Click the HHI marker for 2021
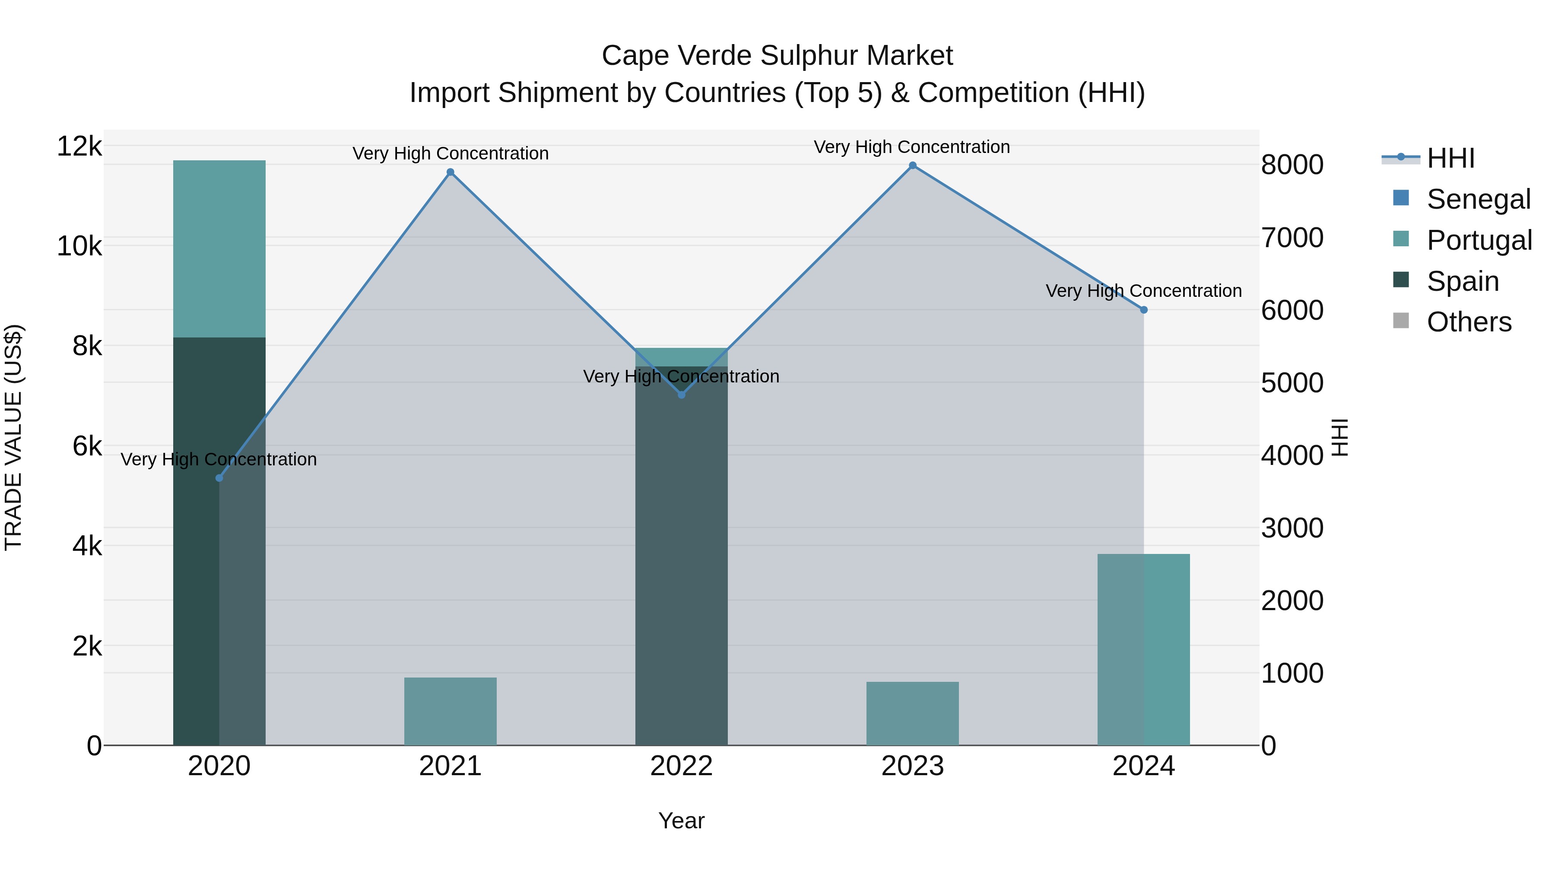(x=451, y=172)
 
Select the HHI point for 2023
(x=913, y=165)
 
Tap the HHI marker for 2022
(x=682, y=395)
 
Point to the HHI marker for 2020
(x=219, y=478)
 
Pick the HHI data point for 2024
(x=1143, y=310)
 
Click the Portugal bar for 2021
(x=451, y=711)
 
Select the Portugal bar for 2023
(x=913, y=714)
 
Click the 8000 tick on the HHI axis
(x=1292, y=165)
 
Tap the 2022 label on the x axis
(x=682, y=766)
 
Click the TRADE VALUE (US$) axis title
(x=13, y=437)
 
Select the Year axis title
(x=682, y=821)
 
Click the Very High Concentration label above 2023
(x=911, y=147)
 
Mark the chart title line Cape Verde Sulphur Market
(x=777, y=56)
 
